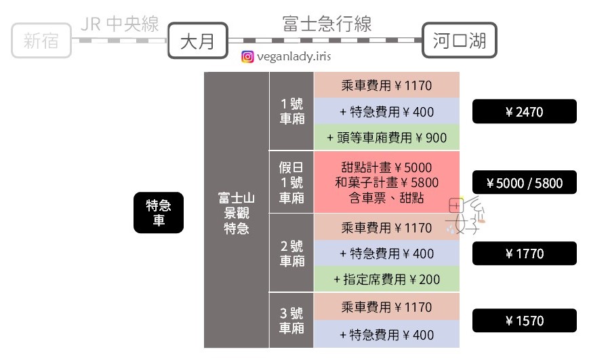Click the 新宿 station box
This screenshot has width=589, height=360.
41,41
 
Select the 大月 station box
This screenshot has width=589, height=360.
197,41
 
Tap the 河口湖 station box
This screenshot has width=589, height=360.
459,41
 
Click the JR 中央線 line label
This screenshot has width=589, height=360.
119,25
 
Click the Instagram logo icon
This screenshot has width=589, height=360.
248,58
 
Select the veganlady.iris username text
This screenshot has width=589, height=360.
294,58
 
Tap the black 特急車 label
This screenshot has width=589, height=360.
158,214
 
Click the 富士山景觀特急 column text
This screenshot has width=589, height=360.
237,212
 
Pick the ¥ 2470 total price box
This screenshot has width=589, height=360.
524,112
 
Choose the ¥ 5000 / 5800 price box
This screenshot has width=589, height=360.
524,182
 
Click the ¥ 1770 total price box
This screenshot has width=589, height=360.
524,254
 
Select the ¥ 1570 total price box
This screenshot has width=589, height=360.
524,321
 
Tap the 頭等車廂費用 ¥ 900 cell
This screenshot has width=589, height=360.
386,138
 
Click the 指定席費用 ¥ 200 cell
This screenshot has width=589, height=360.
386,279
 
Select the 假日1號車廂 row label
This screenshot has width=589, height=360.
291,182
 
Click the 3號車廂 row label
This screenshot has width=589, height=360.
291,321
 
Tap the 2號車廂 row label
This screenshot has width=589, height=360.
291,254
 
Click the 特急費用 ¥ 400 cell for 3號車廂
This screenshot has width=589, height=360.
386,334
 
